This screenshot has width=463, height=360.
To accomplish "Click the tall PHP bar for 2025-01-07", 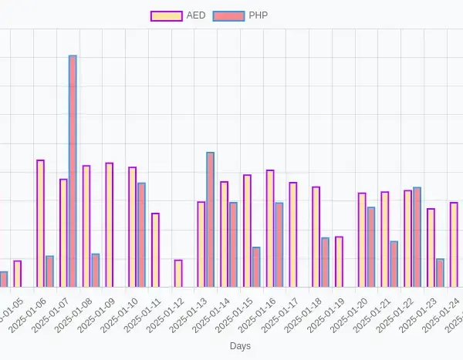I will click(x=73, y=171).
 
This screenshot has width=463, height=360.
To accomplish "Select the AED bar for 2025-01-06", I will click(x=40, y=224).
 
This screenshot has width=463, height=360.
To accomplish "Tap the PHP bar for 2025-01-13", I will click(x=210, y=220).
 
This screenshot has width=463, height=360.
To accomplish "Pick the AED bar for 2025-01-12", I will click(x=178, y=274).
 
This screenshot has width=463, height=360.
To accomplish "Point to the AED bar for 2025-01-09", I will click(x=110, y=225).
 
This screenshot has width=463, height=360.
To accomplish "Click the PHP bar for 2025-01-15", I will click(x=256, y=267).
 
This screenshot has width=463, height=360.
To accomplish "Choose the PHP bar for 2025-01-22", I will click(x=417, y=237).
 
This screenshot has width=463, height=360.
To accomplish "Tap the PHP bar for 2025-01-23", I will click(x=440, y=273).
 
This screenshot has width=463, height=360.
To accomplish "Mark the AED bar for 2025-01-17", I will click(x=293, y=234).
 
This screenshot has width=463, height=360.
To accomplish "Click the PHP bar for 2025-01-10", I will click(x=141, y=234).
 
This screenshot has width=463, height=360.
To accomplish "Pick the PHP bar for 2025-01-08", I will click(x=95, y=270).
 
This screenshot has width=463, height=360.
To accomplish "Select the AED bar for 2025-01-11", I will click(x=155, y=250).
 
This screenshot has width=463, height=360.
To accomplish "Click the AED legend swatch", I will click(x=166, y=15).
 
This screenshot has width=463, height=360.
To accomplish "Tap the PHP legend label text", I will click(x=259, y=15).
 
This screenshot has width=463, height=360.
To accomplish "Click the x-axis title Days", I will click(x=240, y=347).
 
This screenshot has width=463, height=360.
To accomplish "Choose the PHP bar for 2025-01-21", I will click(x=394, y=264).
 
